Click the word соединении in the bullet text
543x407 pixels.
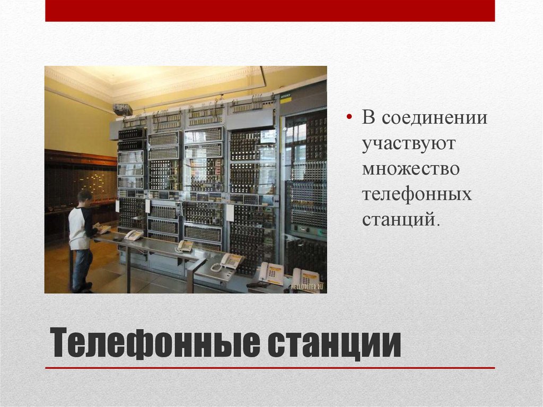click(437, 118)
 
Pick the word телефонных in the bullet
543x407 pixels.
click(417, 194)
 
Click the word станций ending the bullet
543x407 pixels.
click(401, 219)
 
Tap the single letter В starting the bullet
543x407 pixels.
click(368, 117)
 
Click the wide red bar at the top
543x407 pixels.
click(270, 11)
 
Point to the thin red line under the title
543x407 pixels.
click(270, 368)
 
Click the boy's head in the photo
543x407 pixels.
click(85, 197)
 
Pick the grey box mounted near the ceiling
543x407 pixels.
click(122, 109)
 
